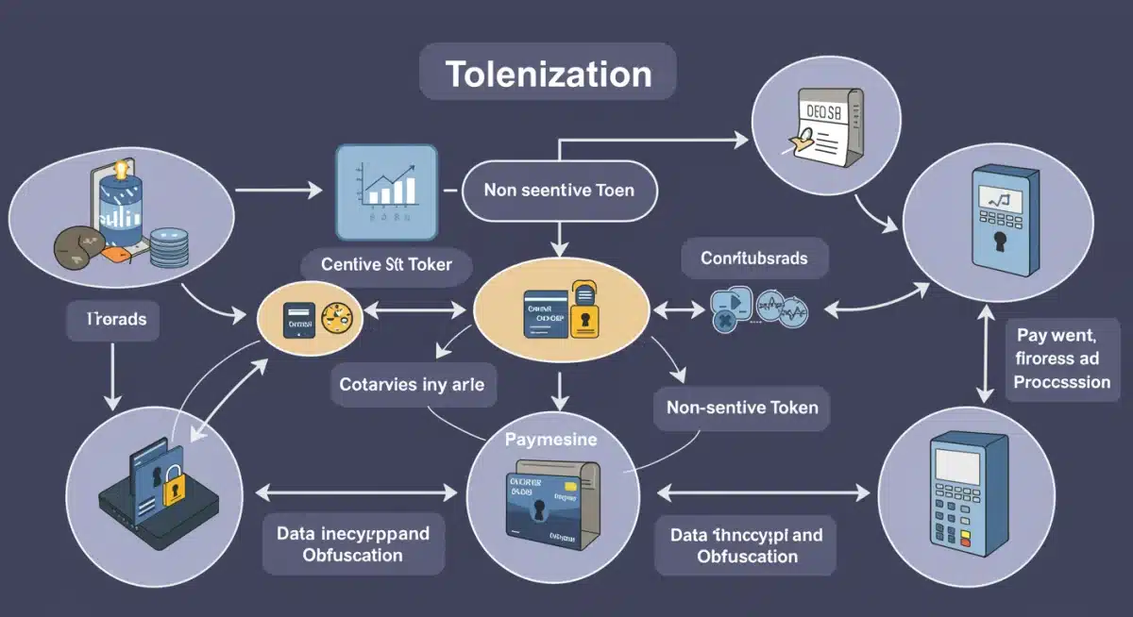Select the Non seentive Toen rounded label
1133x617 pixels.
click(558, 190)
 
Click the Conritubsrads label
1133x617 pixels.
click(753, 257)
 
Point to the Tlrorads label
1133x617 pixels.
click(112, 319)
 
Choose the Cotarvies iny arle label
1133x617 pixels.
click(411, 385)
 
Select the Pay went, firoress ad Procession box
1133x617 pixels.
click(1062, 359)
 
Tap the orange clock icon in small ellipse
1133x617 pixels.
click(334, 318)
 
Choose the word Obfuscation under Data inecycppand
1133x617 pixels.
click(352, 555)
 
